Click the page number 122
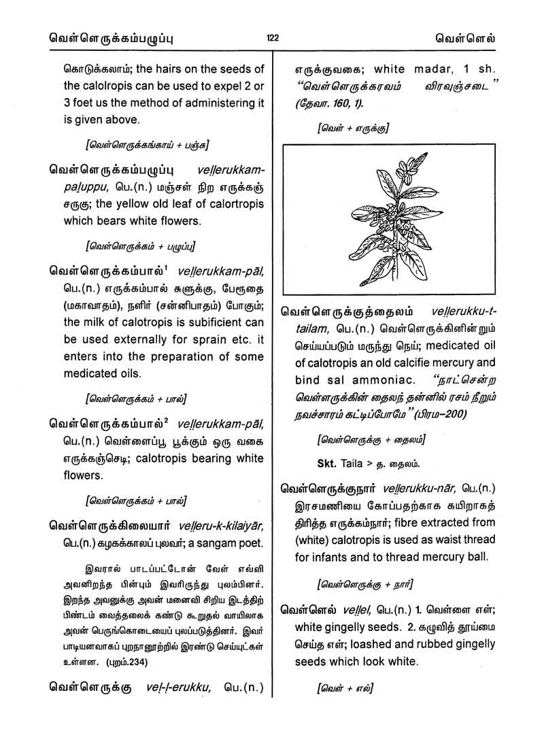coord(272,38)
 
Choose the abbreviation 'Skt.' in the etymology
coord(329,464)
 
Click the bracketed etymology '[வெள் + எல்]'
coord(345,687)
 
